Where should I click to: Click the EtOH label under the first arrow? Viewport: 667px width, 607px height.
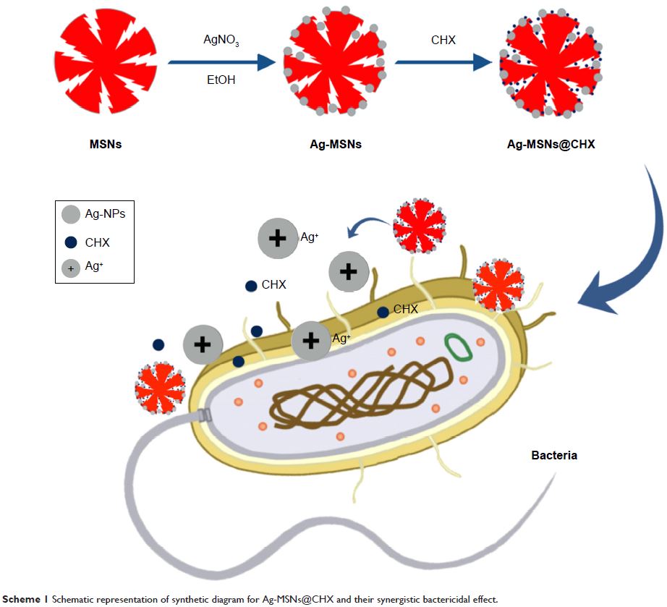(221, 80)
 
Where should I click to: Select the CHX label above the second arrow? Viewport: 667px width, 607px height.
(443, 41)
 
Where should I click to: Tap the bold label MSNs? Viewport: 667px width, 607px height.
(105, 144)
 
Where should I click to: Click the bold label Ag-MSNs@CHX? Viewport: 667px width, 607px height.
(551, 144)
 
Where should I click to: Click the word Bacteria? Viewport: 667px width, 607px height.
(554, 456)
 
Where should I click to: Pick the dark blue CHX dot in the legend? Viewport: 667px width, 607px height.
(71, 243)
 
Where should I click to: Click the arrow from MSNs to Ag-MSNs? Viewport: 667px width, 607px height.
(221, 62)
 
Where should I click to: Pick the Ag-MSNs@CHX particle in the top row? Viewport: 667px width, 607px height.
(550, 64)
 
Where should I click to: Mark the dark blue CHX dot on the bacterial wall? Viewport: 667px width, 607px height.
(382, 312)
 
